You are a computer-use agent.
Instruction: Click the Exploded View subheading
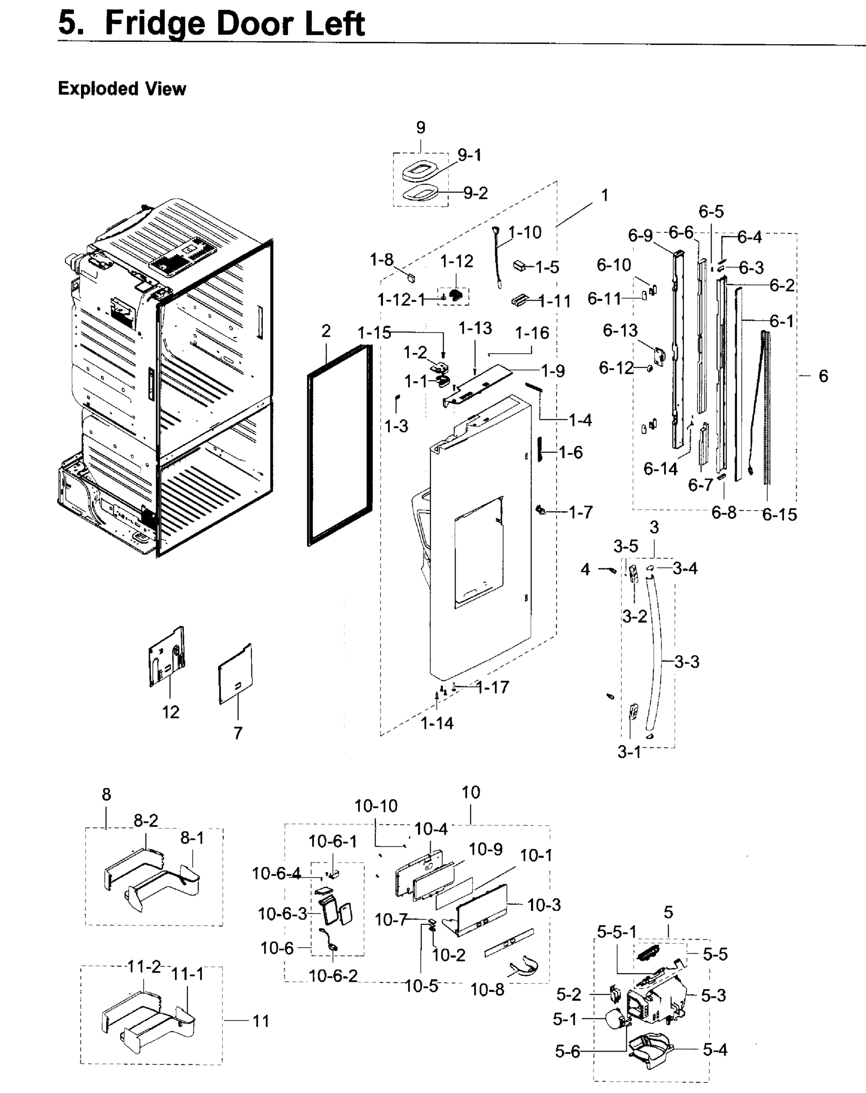[122, 89]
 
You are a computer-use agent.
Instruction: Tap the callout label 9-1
[470, 155]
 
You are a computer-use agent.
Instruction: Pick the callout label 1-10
[525, 233]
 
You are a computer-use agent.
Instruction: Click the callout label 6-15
[779, 515]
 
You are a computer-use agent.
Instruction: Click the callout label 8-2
[145, 820]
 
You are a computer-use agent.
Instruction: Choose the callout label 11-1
[187, 973]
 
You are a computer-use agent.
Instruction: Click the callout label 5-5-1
[616, 931]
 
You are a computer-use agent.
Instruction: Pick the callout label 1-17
[492, 687]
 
